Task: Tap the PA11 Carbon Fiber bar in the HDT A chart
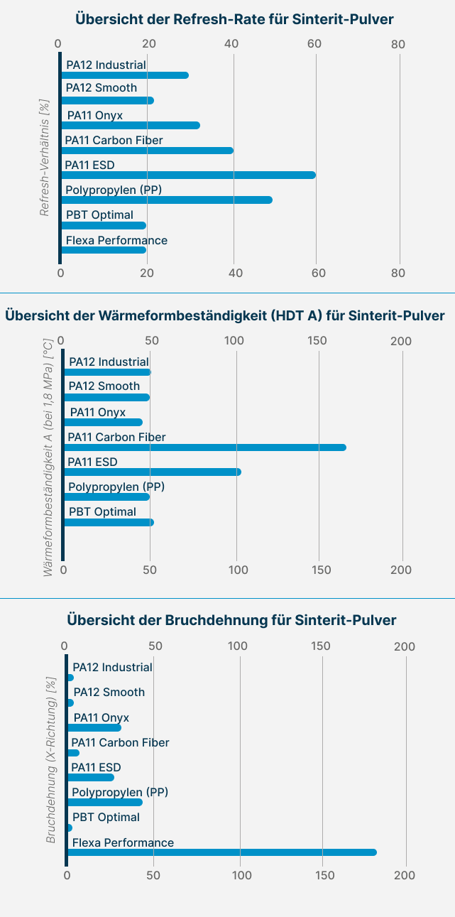click(x=205, y=447)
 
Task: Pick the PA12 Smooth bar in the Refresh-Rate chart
click(x=107, y=100)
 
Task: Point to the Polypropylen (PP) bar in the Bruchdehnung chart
click(x=105, y=802)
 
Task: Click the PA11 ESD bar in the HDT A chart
click(x=153, y=472)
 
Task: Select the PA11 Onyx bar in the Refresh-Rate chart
click(x=130, y=126)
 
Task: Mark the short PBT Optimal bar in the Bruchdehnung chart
click(x=70, y=828)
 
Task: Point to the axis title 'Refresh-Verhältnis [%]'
click(x=45, y=158)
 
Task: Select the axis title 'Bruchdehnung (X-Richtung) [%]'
click(x=50, y=759)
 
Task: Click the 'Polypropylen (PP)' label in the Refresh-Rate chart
click(x=114, y=190)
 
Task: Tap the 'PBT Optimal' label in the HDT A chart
click(x=102, y=511)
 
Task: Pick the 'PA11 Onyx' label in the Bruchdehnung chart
click(x=102, y=717)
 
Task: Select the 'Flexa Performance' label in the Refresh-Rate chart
click(x=116, y=240)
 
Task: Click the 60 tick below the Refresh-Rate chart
click(x=319, y=273)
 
